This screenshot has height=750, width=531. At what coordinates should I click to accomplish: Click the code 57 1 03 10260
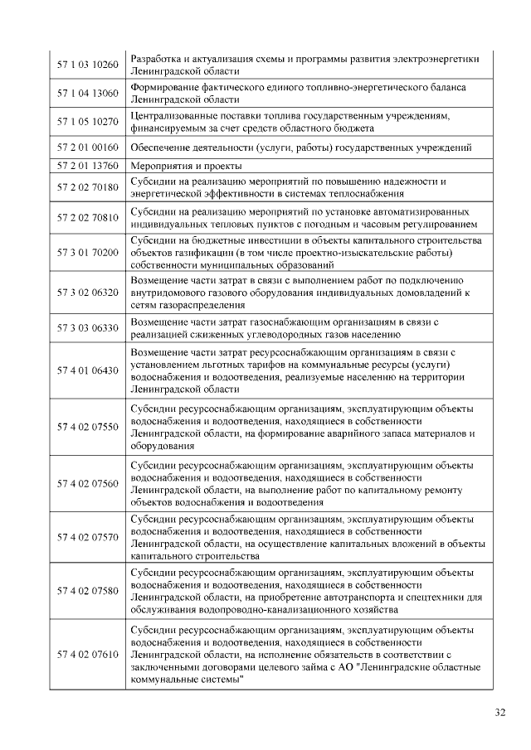[88, 64]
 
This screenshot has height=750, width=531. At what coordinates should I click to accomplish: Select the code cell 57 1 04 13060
[88, 93]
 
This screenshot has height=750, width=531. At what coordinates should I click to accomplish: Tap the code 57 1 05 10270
[88, 122]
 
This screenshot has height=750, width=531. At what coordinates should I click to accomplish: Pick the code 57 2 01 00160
[88, 148]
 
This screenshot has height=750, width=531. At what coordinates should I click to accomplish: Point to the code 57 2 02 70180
[88, 187]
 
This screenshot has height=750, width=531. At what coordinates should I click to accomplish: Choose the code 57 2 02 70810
[88, 217]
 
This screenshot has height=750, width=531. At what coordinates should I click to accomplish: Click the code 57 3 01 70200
[88, 252]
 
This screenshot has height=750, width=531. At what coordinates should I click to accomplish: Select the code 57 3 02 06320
[88, 293]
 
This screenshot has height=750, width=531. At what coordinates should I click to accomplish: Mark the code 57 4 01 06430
[88, 370]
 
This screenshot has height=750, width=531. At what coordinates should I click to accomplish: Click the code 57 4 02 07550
[88, 427]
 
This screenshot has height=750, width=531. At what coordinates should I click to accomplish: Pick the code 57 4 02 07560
[88, 483]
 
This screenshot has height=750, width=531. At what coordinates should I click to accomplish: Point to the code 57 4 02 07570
[88, 537]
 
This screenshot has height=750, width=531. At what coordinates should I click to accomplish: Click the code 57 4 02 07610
[88, 656]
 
